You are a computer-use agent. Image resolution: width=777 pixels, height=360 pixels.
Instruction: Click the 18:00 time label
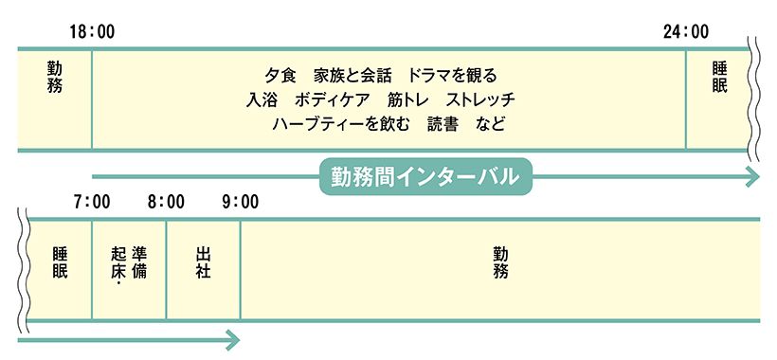point(92,32)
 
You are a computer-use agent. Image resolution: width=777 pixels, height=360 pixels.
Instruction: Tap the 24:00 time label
point(685,32)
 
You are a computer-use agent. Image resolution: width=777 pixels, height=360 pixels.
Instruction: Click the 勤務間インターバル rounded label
point(425,176)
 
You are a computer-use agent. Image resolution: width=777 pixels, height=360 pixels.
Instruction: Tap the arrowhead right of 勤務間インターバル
point(752,176)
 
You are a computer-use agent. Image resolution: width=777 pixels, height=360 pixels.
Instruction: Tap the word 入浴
point(261,99)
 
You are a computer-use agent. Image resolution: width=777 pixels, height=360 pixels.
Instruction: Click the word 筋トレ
point(407,99)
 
